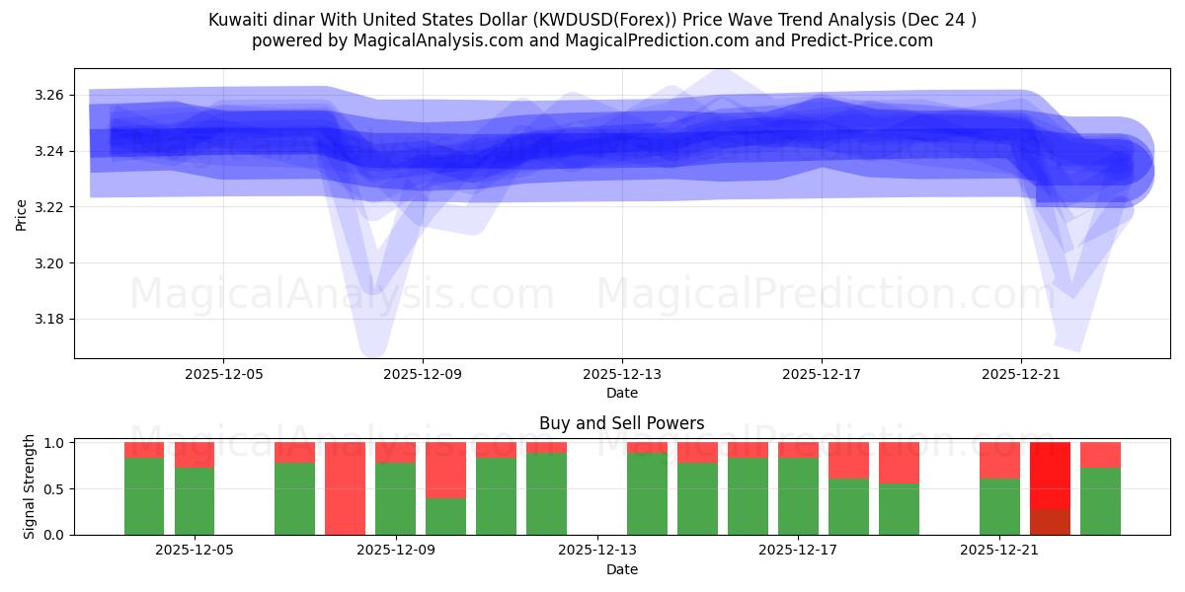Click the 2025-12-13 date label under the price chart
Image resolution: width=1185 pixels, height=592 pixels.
pos(622,374)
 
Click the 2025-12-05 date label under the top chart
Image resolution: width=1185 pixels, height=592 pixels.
pos(223,374)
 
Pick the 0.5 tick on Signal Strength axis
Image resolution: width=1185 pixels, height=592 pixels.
pos(53,488)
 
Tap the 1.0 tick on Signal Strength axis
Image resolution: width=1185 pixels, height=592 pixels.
pos(53,443)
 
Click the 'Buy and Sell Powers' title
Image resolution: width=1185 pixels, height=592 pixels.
pos(622,423)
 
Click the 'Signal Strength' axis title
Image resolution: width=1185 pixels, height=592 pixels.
pos(30,486)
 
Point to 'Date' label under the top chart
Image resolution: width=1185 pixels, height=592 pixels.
pos(622,393)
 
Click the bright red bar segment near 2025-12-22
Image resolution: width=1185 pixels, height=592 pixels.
pos(1050,475)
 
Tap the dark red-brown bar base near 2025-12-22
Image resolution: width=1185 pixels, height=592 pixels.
pos(1050,522)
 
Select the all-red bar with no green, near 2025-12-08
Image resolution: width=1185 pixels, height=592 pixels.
pos(345,488)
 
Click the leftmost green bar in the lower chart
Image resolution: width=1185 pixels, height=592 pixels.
pos(144,496)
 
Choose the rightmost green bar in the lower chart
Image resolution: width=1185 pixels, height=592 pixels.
pos(1100,501)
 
